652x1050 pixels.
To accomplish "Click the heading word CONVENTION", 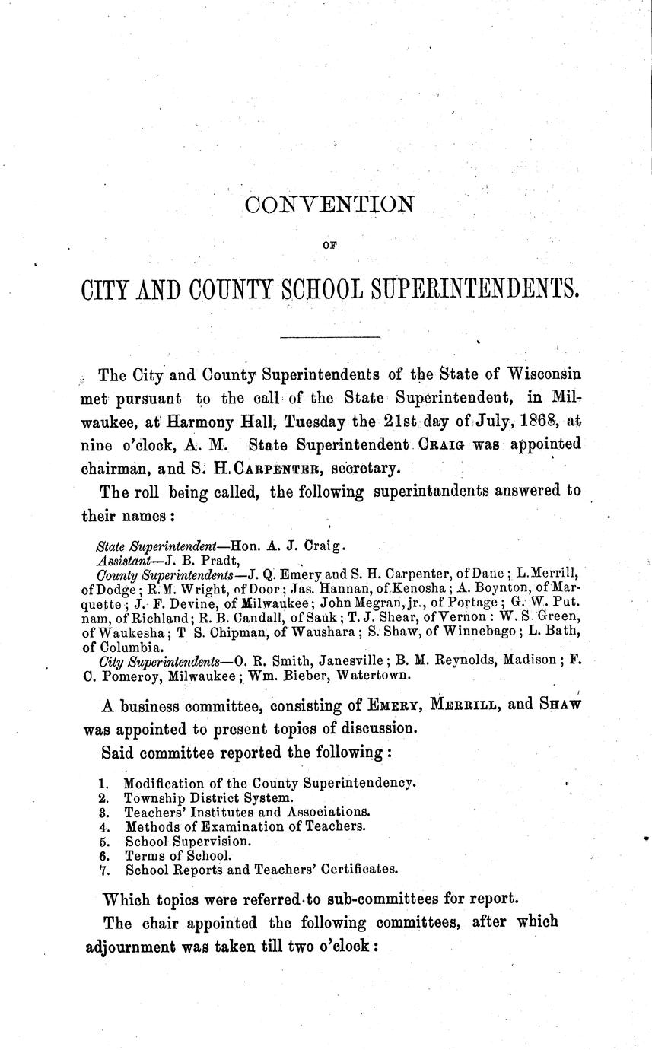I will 328,205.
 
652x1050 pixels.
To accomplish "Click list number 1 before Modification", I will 103,783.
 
